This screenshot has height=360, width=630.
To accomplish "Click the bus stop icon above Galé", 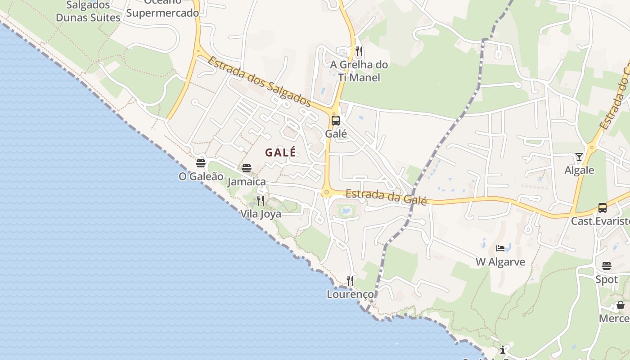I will pyautogui.click(x=336, y=121).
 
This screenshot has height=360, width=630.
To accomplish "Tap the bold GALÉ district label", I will pyautogui.click(x=280, y=153).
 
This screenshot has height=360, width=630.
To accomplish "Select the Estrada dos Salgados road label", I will pyautogui.click(x=260, y=81).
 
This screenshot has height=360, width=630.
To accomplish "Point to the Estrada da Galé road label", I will pyautogui.click(x=386, y=197).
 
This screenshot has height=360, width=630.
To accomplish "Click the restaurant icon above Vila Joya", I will pyautogui.click(x=261, y=200).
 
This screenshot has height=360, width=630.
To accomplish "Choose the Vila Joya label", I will pyautogui.click(x=261, y=214).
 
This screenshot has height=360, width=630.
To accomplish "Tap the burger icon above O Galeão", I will pyautogui.click(x=201, y=163).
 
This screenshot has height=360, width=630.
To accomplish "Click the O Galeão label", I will pyautogui.click(x=201, y=176).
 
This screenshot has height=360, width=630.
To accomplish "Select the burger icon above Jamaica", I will pyautogui.click(x=247, y=168).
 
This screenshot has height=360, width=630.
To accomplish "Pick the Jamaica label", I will pyautogui.click(x=247, y=182).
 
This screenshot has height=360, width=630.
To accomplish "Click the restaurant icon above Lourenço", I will pyautogui.click(x=350, y=281).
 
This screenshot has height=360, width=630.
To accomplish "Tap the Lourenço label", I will pyautogui.click(x=350, y=294).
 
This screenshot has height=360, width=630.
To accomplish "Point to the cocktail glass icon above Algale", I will pyautogui.click(x=579, y=157).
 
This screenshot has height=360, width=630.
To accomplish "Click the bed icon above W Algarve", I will pyautogui.click(x=500, y=248).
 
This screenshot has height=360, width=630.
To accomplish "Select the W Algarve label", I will pyautogui.click(x=500, y=262).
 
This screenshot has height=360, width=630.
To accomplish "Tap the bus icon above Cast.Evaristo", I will pyautogui.click(x=602, y=208).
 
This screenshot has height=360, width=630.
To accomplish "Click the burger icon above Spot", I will pyautogui.click(x=607, y=265).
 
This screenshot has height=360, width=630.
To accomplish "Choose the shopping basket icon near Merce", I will pyautogui.click(x=621, y=305).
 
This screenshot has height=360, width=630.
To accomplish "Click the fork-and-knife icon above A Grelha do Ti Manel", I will pyautogui.click(x=359, y=51).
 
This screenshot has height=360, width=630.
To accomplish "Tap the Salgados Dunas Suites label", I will pyautogui.click(x=88, y=12).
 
